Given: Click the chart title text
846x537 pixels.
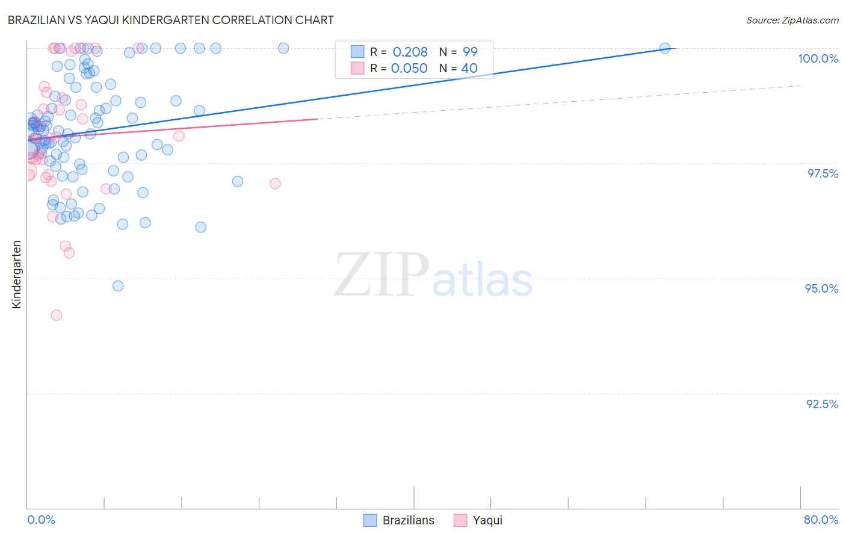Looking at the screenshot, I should (x=170, y=20).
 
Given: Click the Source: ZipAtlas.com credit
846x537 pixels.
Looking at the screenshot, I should (x=792, y=20).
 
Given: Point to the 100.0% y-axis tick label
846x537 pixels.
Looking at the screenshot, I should (x=818, y=58).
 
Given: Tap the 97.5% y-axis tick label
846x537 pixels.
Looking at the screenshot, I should (x=822, y=173).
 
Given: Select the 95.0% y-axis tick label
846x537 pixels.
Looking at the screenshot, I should (x=821, y=288).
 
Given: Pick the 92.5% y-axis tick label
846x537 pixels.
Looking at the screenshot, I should (x=822, y=404).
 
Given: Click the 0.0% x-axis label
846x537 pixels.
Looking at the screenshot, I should (x=42, y=520).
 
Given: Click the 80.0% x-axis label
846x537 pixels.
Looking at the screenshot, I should (x=821, y=520).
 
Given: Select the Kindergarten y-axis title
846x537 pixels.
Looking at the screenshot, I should (x=16, y=275).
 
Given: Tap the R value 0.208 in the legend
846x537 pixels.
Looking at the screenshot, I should (x=410, y=52).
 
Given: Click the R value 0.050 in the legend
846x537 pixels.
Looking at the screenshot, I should (x=409, y=68).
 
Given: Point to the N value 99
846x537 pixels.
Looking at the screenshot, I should (x=470, y=52).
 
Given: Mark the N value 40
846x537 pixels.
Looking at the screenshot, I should (x=469, y=68).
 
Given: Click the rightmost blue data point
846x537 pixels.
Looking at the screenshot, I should (x=665, y=48).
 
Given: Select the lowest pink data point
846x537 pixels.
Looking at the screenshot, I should (x=57, y=315).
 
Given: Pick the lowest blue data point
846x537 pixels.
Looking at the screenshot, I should (x=118, y=286).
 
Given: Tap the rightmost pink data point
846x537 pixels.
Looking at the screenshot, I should (x=275, y=184).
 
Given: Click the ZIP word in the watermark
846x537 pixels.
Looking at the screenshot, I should (x=381, y=275).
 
